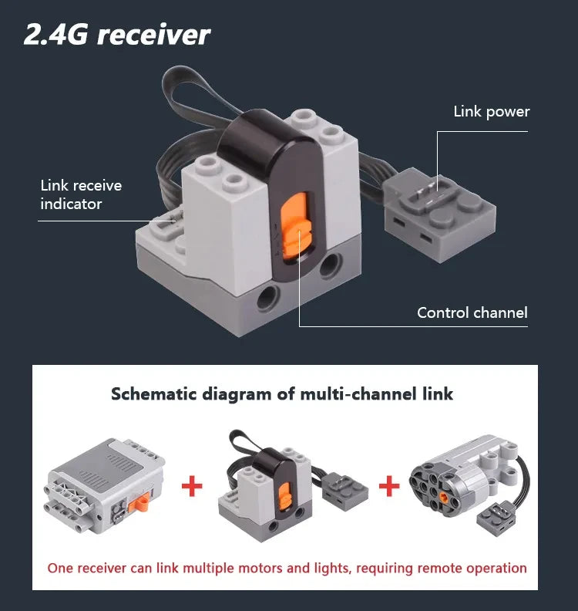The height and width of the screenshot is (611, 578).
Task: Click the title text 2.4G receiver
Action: pyautogui.click(x=117, y=35)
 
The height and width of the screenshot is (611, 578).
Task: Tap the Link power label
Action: pyautogui.click(x=491, y=112)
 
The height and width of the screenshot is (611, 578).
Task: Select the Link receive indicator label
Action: pyautogui.click(x=81, y=194)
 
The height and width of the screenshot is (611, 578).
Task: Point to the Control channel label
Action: pyautogui.click(x=472, y=312)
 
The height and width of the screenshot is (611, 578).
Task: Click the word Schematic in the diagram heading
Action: pyautogui.click(x=153, y=394)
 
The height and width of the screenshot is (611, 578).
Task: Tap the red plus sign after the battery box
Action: pyautogui.click(x=192, y=485)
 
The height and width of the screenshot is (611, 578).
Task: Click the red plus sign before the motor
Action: pyautogui.click(x=389, y=485)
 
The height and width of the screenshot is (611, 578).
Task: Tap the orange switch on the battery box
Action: pyautogui.click(x=141, y=504)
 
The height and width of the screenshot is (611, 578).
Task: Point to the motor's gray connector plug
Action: pyautogui.click(x=496, y=518)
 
